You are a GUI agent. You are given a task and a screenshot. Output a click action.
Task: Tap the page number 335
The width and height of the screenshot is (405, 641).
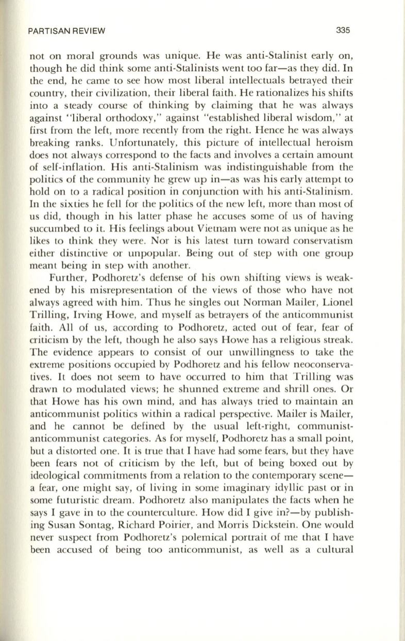tap(342, 30)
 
